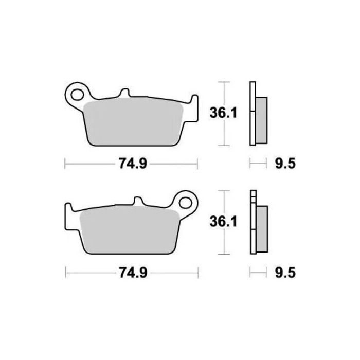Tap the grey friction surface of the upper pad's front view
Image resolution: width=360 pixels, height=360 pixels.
pos(134,121)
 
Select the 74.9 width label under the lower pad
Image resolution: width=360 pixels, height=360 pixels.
pos(131,273)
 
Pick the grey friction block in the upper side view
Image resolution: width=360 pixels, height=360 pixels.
pos(261,119)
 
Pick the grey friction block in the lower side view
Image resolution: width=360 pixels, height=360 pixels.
pos(261,228)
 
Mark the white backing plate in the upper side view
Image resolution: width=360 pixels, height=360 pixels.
pos(252,113)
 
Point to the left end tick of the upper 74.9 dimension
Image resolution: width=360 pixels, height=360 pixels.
pos(65,164)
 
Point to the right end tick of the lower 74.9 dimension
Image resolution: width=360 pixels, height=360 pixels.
pos(199,273)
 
